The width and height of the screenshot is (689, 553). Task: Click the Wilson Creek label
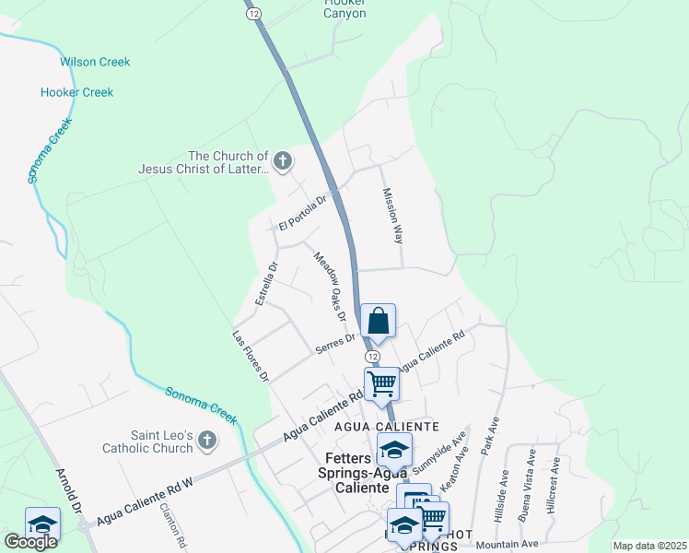click(x=95, y=62)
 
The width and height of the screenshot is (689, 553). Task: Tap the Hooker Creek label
click(x=76, y=92)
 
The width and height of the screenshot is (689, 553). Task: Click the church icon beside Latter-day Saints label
click(x=283, y=162)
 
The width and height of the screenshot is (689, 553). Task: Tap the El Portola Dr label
click(x=303, y=214)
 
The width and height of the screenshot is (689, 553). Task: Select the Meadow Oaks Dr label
click(x=329, y=286)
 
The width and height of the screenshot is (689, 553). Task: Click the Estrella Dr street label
click(x=266, y=285)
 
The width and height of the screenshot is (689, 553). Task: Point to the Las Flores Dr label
click(x=251, y=356)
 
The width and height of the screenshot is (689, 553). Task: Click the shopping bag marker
click(x=378, y=322)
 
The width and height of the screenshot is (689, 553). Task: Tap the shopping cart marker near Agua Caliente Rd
click(x=381, y=382)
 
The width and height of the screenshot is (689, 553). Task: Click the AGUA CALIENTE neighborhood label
click(x=400, y=428)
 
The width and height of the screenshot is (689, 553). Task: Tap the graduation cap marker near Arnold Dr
click(x=42, y=524)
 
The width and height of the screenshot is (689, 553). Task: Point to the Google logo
click(x=30, y=541)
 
